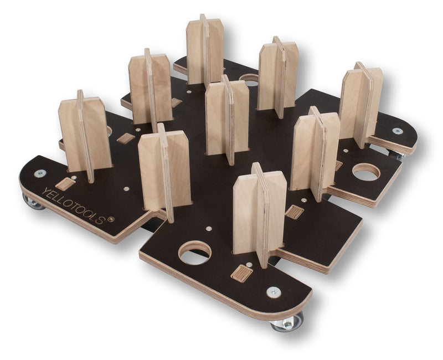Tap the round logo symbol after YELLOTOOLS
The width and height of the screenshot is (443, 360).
point(111,219)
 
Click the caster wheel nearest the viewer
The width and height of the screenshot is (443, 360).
point(287,322)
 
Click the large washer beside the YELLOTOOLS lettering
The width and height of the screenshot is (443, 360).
point(40,173)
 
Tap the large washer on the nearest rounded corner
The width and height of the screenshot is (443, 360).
point(274,292)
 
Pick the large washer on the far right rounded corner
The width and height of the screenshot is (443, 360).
point(398,131)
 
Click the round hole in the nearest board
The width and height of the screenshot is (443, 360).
point(195,253)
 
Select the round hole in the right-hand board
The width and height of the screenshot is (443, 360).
point(367,172)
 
